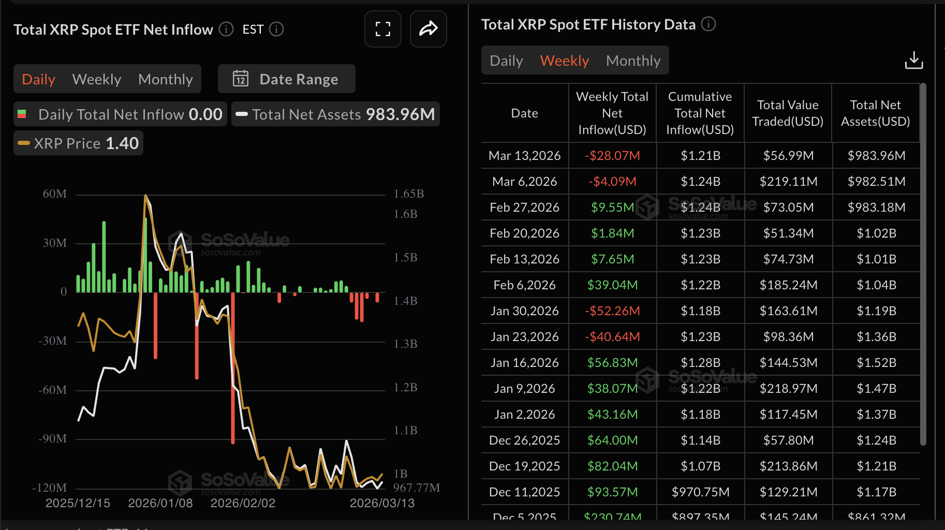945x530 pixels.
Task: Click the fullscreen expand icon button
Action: click(382, 29)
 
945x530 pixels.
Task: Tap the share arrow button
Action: click(428, 29)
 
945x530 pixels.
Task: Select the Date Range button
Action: click(286, 79)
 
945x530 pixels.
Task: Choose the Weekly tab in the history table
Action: click(564, 61)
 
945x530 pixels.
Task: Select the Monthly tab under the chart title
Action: click(165, 79)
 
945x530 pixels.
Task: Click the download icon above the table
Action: click(913, 60)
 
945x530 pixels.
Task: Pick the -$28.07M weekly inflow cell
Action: click(612, 155)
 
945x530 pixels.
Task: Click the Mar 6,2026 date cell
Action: click(524, 181)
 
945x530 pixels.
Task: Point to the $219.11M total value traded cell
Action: click(788, 181)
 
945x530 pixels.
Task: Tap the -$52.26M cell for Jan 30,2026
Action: click(612, 311)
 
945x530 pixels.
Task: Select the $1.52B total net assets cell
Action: click(876, 362)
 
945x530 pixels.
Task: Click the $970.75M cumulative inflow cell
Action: click(700, 492)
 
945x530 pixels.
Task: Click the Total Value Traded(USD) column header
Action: click(788, 113)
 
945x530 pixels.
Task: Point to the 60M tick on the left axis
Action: click(55, 194)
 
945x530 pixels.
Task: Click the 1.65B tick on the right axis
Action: click(409, 194)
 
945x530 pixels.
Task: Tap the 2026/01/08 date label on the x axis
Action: click(160, 503)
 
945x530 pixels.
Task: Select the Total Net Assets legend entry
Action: click(335, 114)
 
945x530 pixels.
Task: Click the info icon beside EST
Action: click(277, 30)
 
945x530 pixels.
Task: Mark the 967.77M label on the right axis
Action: click(417, 488)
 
